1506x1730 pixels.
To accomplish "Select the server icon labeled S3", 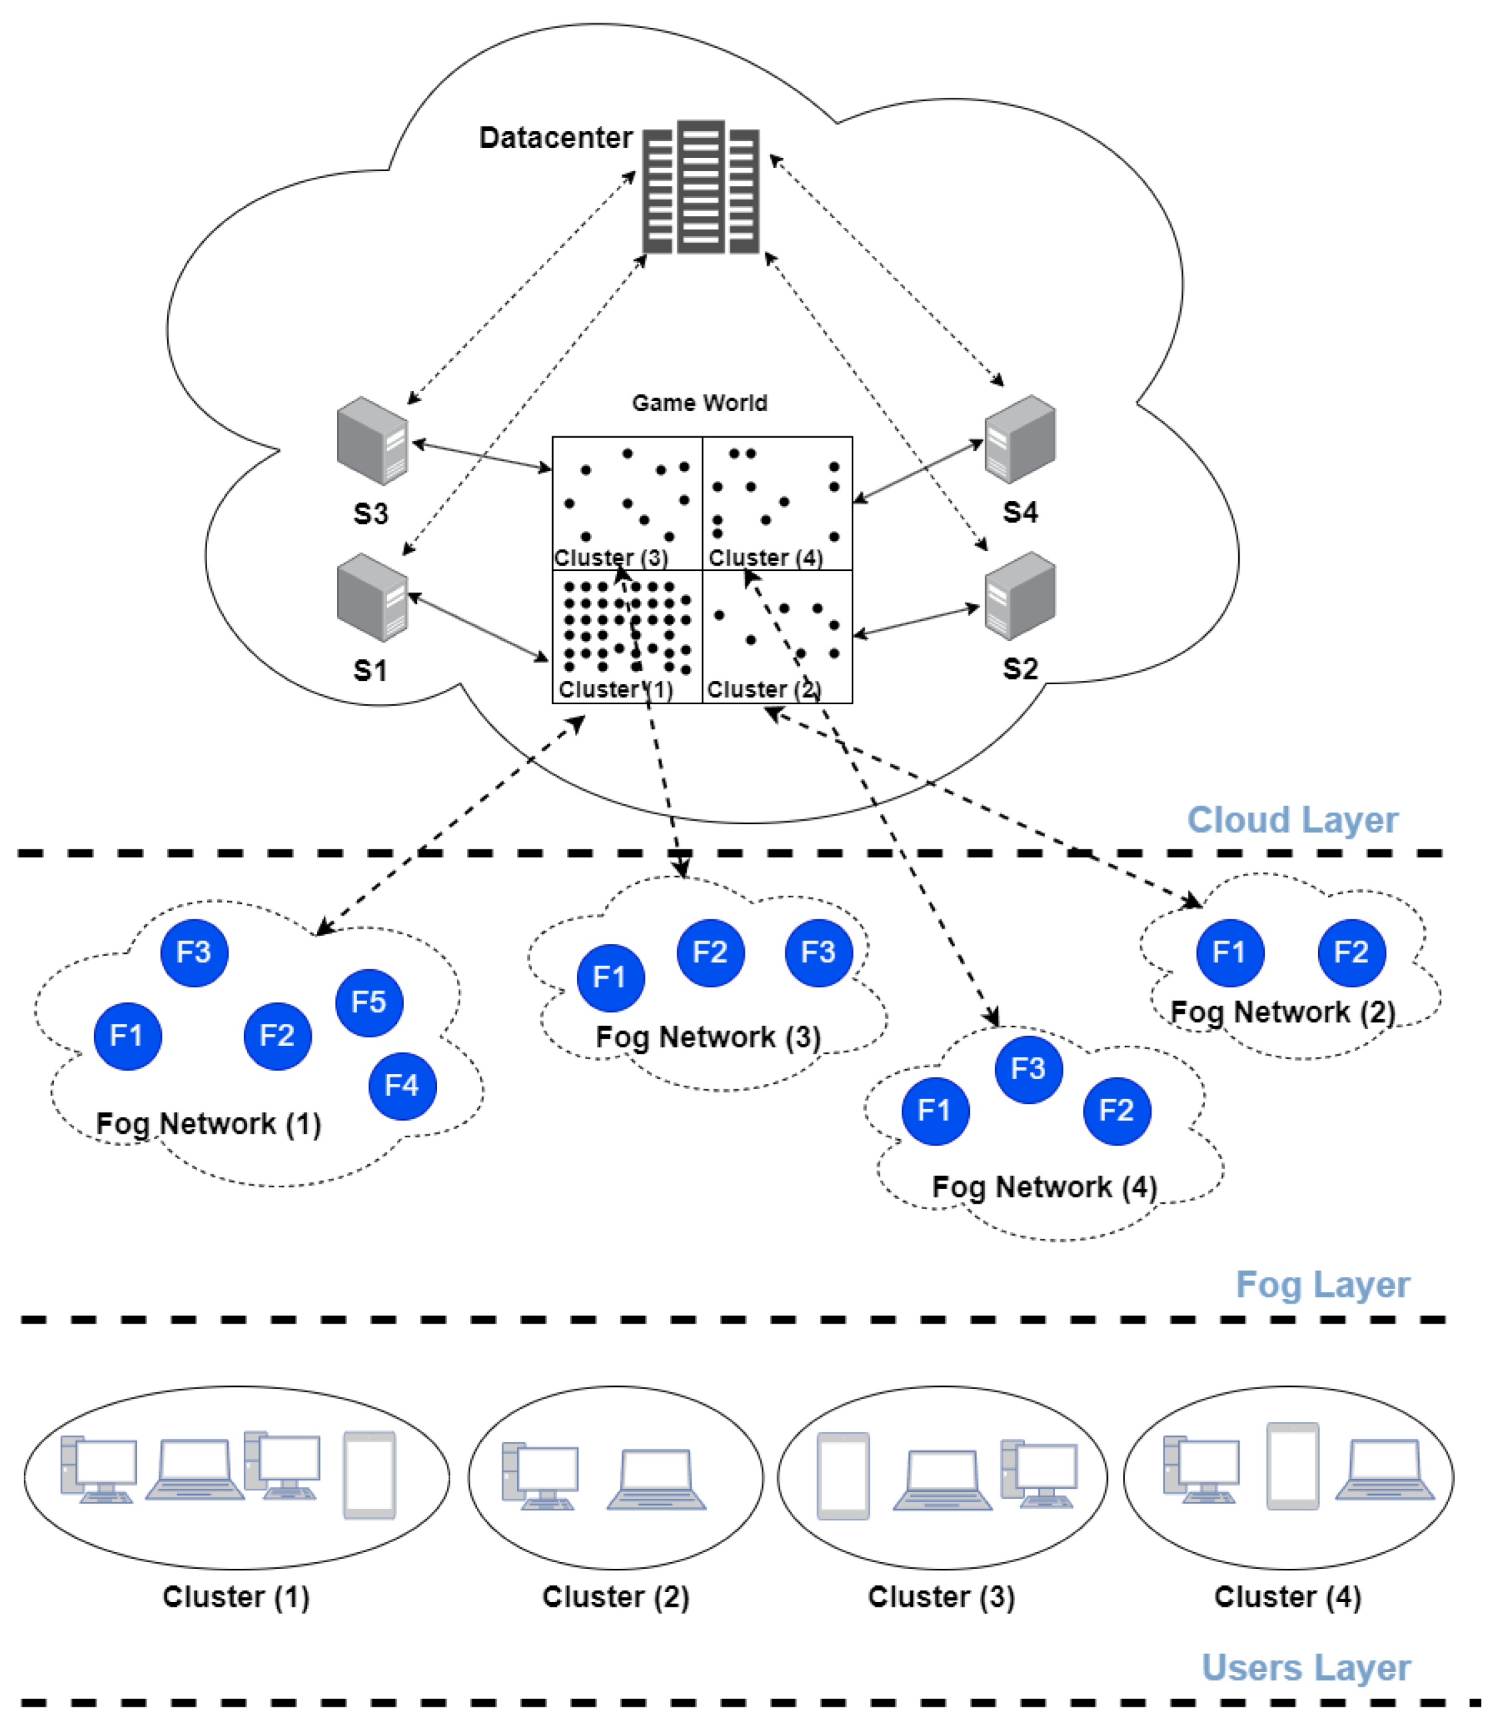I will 372,441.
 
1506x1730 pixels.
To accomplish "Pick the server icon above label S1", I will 372,598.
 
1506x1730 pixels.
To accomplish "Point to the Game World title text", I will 699,404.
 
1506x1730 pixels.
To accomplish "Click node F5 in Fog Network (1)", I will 369,1002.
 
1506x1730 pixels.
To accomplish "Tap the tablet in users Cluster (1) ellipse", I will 369,1476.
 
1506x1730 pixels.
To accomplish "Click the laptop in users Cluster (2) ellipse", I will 655,1480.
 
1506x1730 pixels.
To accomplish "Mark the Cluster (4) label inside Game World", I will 765,558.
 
